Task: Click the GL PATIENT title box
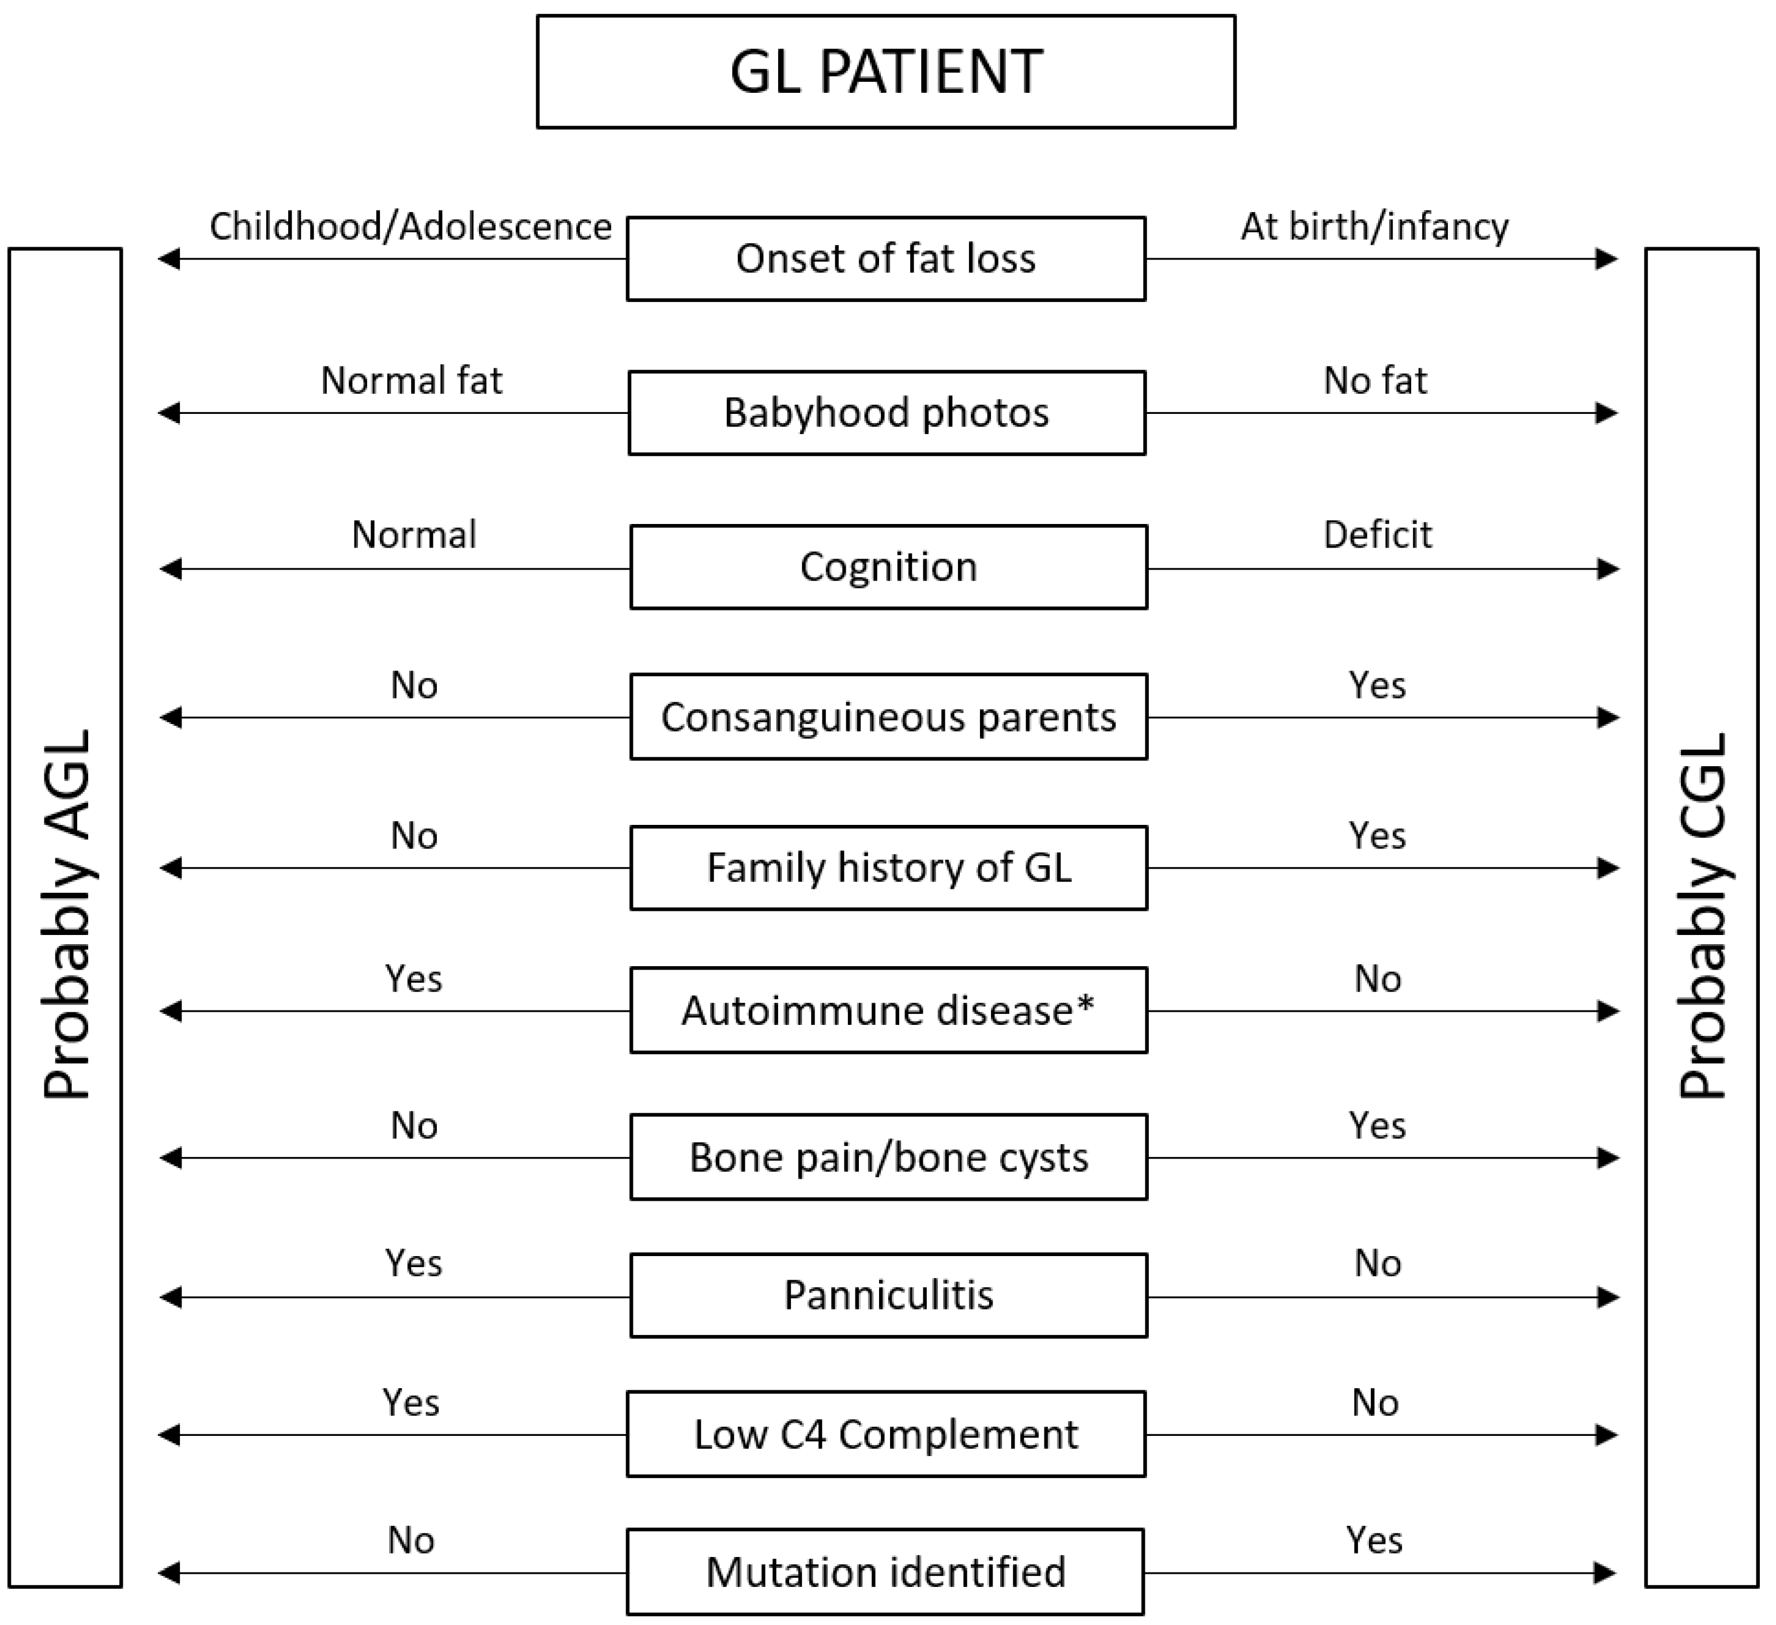pyautogui.click(x=885, y=71)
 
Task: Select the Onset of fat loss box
pyautogui.click(x=885, y=259)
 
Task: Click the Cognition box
pyautogui.click(x=888, y=567)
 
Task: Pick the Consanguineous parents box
pyautogui.click(x=888, y=717)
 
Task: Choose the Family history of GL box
pyautogui.click(x=888, y=868)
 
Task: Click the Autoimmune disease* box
pyautogui.click(x=888, y=1011)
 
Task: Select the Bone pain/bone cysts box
pyautogui.click(x=888, y=1158)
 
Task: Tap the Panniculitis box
pyautogui.click(x=888, y=1296)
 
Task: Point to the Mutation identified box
pyautogui.click(x=885, y=1572)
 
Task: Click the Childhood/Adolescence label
pyautogui.click(x=410, y=227)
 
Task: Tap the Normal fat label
pyautogui.click(x=412, y=382)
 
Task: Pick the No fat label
pyautogui.click(x=1375, y=382)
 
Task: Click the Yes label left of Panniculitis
pyautogui.click(x=413, y=1264)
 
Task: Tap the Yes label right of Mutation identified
pyautogui.click(x=1374, y=1540)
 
